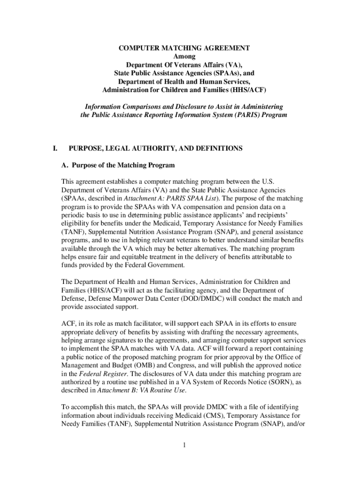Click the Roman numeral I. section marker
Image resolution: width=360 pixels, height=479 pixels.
pyautogui.click(x=55, y=149)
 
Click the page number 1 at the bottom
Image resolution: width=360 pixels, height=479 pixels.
pyautogui.click(x=185, y=445)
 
